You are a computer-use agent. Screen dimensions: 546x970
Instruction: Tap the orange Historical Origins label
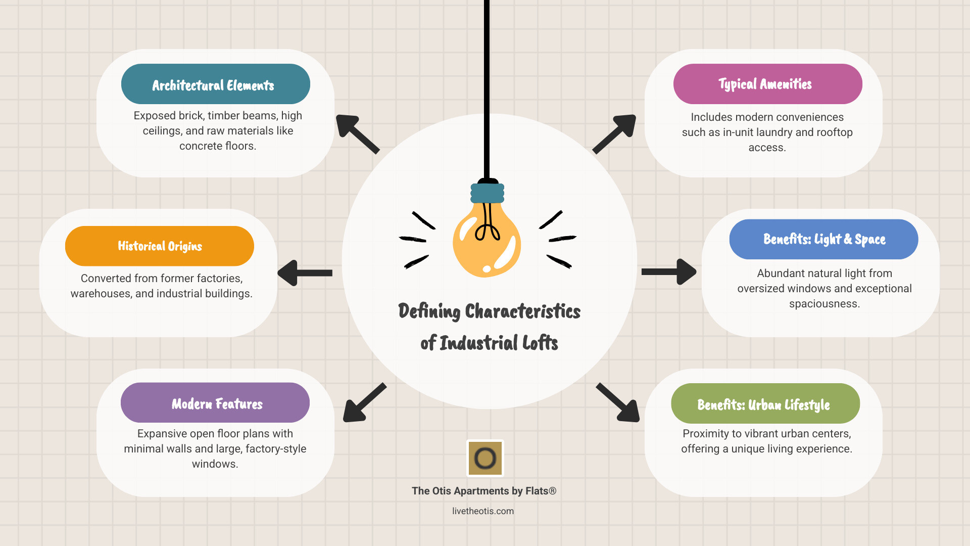pyautogui.click(x=160, y=246)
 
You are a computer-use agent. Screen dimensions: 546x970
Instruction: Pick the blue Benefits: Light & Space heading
pyautogui.click(x=823, y=239)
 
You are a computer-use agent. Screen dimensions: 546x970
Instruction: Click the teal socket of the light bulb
pyautogui.click(x=488, y=193)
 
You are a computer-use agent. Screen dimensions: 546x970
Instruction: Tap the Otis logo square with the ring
pyautogui.click(x=485, y=458)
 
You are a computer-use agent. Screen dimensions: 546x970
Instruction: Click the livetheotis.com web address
pyautogui.click(x=483, y=511)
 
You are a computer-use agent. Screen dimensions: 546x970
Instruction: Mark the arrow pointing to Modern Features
pyautogui.click(x=364, y=402)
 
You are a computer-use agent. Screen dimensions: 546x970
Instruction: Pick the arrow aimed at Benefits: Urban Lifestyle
pyautogui.click(x=618, y=402)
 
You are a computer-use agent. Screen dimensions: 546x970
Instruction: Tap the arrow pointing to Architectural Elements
pyautogui.click(x=357, y=133)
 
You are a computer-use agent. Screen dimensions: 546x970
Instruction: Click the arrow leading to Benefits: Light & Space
pyautogui.click(x=668, y=272)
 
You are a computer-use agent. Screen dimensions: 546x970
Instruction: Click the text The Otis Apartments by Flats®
pyautogui.click(x=484, y=491)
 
